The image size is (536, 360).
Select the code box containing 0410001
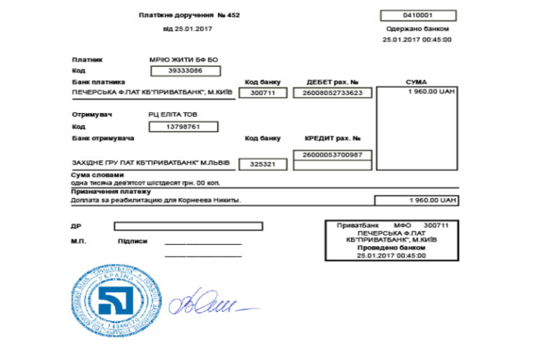(418, 15)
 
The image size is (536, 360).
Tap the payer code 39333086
(185, 70)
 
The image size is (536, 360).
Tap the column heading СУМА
(416, 82)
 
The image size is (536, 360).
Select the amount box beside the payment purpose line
(416, 200)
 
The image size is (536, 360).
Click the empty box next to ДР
(188, 226)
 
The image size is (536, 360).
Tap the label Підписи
(133, 241)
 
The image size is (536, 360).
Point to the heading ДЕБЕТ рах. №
(332, 82)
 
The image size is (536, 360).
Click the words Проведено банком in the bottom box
(391, 248)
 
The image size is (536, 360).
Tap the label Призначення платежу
(111, 191)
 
